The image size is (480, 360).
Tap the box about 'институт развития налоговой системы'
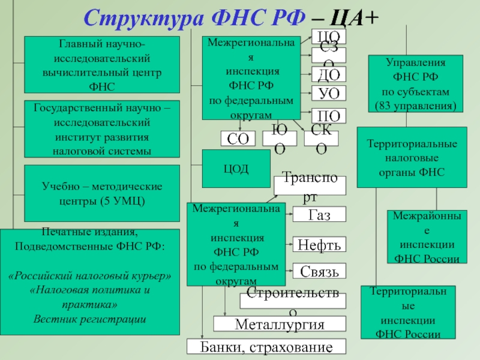coord(102,129)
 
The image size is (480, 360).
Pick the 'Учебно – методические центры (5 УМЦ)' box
coord(102,193)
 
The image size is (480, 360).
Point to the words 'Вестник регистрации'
coord(90,319)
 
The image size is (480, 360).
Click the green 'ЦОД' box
coord(236,169)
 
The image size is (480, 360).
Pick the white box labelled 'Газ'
coord(320,214)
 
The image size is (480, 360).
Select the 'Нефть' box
coord(320,244)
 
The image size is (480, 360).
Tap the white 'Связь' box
coord(320,271)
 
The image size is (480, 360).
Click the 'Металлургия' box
coord(280,325)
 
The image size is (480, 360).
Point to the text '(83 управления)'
coord(415,106)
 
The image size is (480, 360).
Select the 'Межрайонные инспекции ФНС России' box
coord(427,237)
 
